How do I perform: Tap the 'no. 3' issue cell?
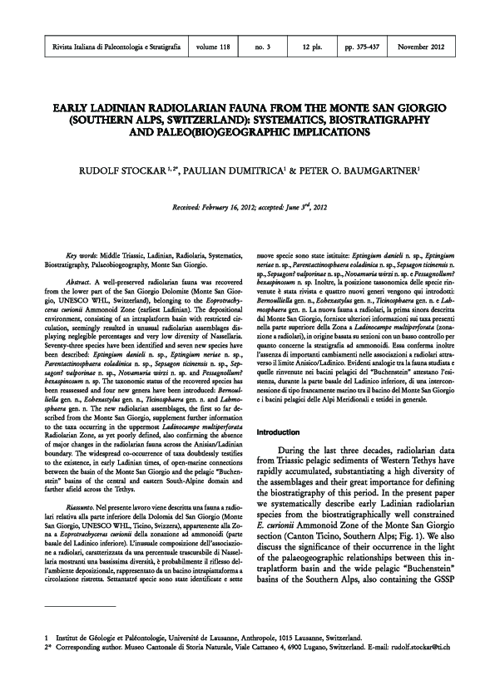(263, 47)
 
